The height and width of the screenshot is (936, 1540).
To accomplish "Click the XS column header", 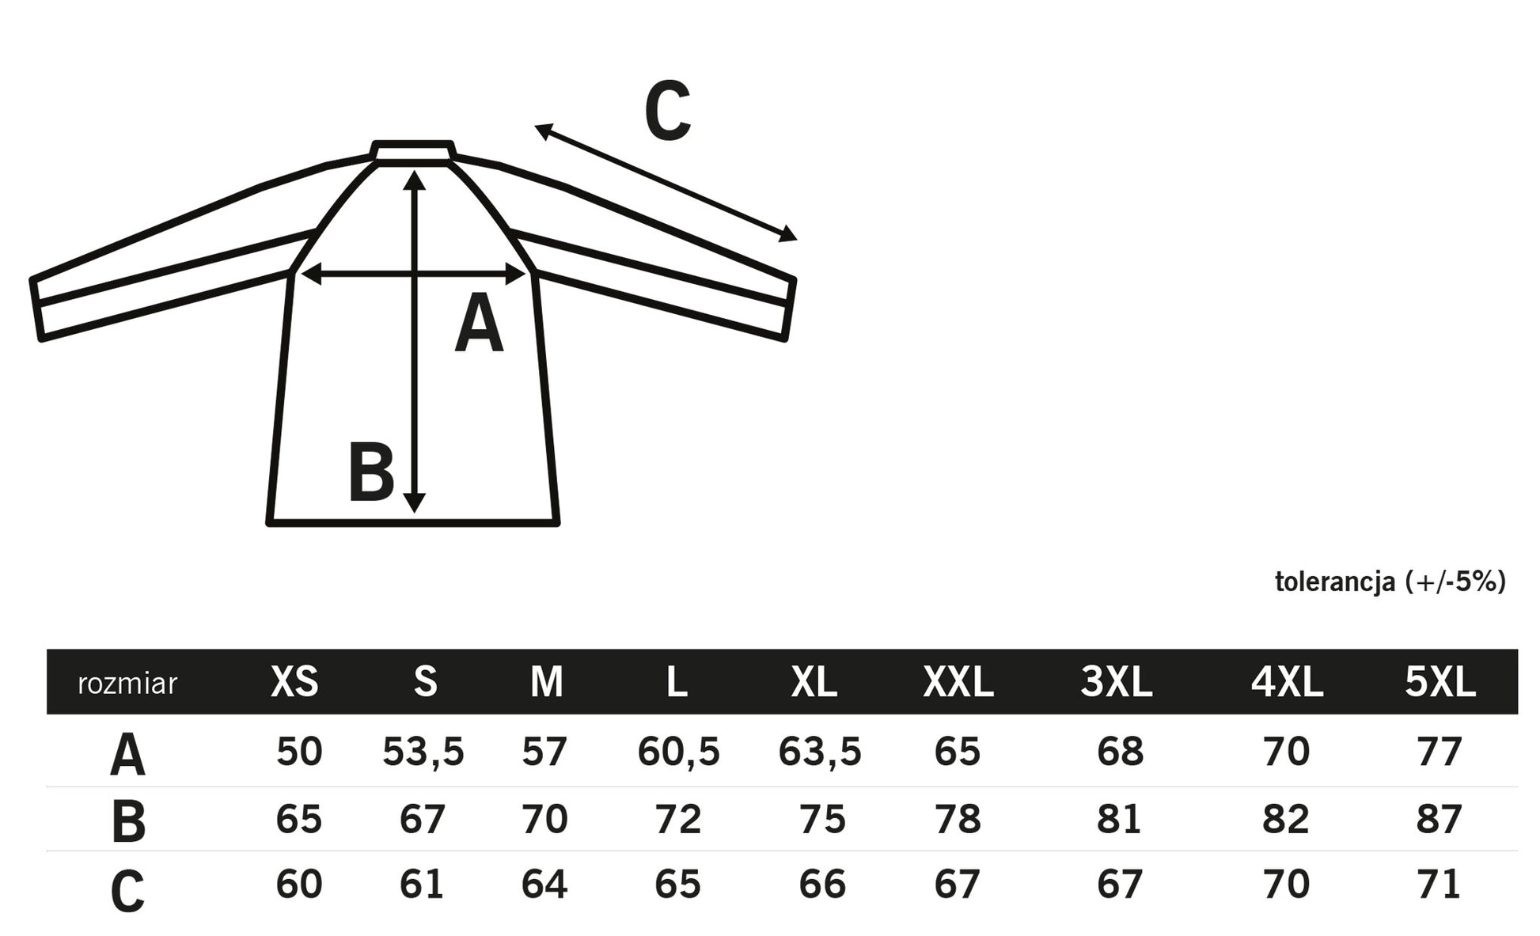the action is (294, 681).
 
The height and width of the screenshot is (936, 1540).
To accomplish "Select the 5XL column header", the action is (1440, 681).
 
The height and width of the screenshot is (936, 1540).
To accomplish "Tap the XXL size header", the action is (958, 681).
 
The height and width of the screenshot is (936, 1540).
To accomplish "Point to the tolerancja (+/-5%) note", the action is (1390, 582).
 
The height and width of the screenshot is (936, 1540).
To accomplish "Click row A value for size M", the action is (544, 751).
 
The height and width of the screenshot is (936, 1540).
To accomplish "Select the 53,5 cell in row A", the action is (423, 752).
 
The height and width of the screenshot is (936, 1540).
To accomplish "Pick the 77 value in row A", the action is (1439, 751).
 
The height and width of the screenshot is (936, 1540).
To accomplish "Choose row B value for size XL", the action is (822, 818).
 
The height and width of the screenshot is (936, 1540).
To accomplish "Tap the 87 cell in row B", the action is (1439, 818).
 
